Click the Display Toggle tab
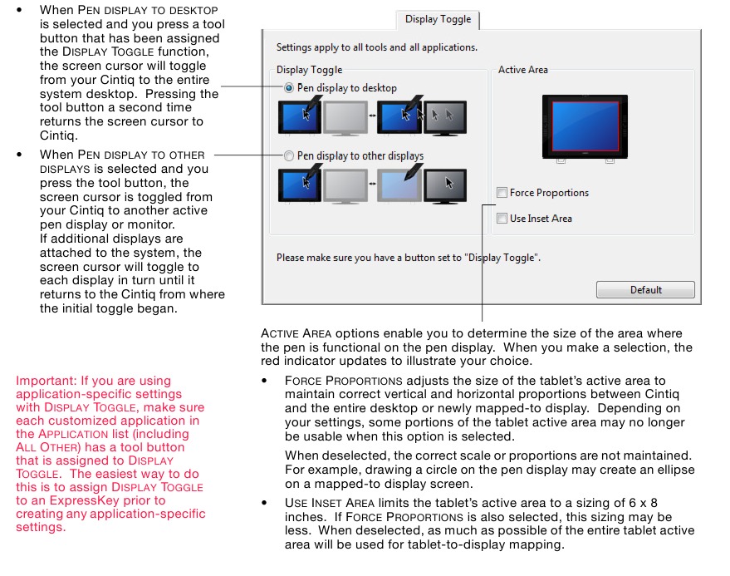pos(438,19)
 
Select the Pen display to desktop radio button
pos(289,88)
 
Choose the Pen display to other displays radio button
pos(289,155)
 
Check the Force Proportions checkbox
pos(502,193)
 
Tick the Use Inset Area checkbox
pos(502,219)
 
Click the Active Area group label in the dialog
pos(522,70)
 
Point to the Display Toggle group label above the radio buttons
pos(309,70)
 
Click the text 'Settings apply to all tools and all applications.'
pos(376,47)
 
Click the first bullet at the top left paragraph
pos(20,10)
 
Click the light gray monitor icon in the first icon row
pos(344,118)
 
